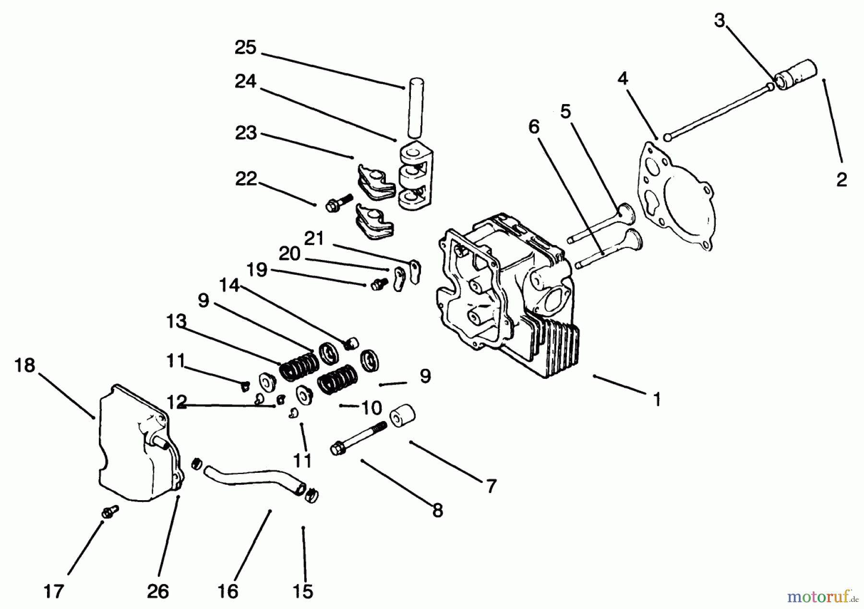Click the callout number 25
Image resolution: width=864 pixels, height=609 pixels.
[x=245, y=47]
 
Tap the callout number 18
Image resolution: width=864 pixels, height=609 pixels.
[x=25, y=365]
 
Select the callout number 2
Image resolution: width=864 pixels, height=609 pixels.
[x=841, y=180]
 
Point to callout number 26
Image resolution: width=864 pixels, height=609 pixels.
[x=157, y=591]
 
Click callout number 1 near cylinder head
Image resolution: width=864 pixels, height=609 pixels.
[x=657, y=399]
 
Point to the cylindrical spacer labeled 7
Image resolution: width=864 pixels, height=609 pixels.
[x=402, y=415]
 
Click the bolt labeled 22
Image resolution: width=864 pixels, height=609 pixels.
[x=339, y=202]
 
